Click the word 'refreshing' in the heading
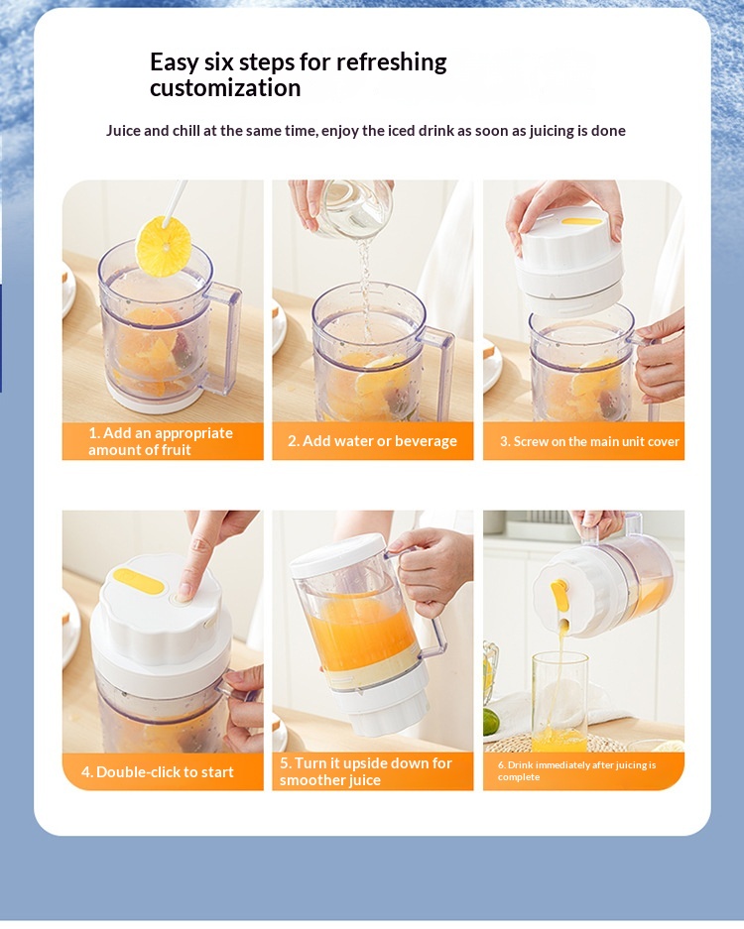click(x=391, y=62)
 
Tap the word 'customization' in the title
click(x=225, y=87)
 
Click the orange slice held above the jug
click(x=164, y=247)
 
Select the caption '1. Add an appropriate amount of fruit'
click(x=161, y=441)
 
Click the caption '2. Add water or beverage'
click(x=372, y=441)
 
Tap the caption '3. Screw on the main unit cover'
click(x=589, y=441)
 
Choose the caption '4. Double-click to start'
click(x=157, y=772)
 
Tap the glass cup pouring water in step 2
click(x=354, y=209)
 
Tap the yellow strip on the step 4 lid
click(x=139, y=581)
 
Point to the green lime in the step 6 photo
click(x=490, y=722)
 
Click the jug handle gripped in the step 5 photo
click(x=428, y=628)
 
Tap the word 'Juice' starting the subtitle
click(x=123, y=130)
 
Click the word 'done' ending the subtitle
click(x=608, y=130)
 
